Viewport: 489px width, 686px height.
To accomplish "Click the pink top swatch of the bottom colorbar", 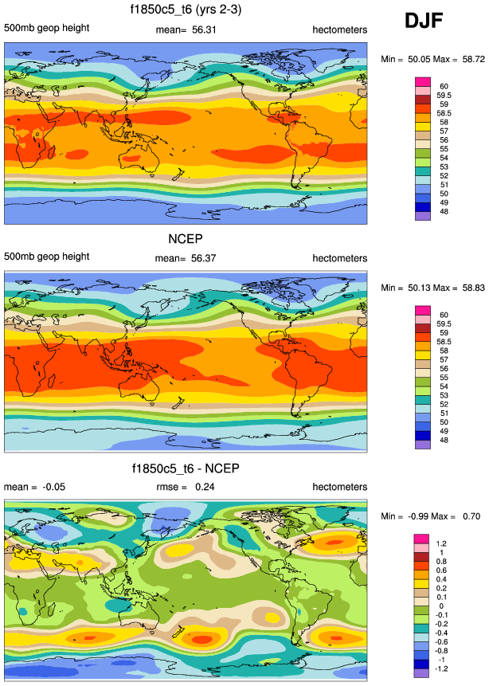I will pyautogui.click(x=422, y=539).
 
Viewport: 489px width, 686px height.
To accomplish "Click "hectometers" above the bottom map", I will pyautogui.click(x=339, y=488).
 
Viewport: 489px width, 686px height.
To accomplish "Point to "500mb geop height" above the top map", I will pyautogui.click(x=46, y=29).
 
